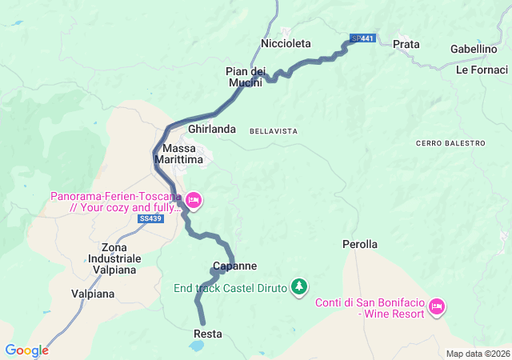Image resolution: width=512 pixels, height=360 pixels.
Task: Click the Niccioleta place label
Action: point(286,44)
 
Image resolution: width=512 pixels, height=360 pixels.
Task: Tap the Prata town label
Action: point(406,44)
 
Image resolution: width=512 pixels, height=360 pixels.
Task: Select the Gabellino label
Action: point(474,49)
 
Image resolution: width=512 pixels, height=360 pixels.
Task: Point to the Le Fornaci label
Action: point(477,70)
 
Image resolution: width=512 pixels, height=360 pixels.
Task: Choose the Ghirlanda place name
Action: point(212,129)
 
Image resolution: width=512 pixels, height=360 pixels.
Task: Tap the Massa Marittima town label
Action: point(183,154)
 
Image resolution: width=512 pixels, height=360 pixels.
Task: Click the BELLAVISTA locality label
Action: point(274,130)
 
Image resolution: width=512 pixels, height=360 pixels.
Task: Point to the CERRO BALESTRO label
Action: point(450,143)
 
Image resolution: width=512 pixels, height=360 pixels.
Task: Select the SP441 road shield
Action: point(362,38)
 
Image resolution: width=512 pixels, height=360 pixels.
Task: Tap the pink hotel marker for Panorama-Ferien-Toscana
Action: point(194,200)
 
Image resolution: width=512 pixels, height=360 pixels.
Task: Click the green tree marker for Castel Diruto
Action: point(298,286)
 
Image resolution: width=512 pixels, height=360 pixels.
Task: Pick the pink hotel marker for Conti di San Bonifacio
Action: point(436,306)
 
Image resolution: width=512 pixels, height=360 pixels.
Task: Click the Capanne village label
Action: point(234,266)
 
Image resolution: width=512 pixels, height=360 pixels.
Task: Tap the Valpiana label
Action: point(92,294)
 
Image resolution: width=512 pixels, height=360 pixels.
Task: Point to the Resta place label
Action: point(208,334)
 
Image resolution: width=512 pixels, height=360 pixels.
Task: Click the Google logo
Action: point(26,350)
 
